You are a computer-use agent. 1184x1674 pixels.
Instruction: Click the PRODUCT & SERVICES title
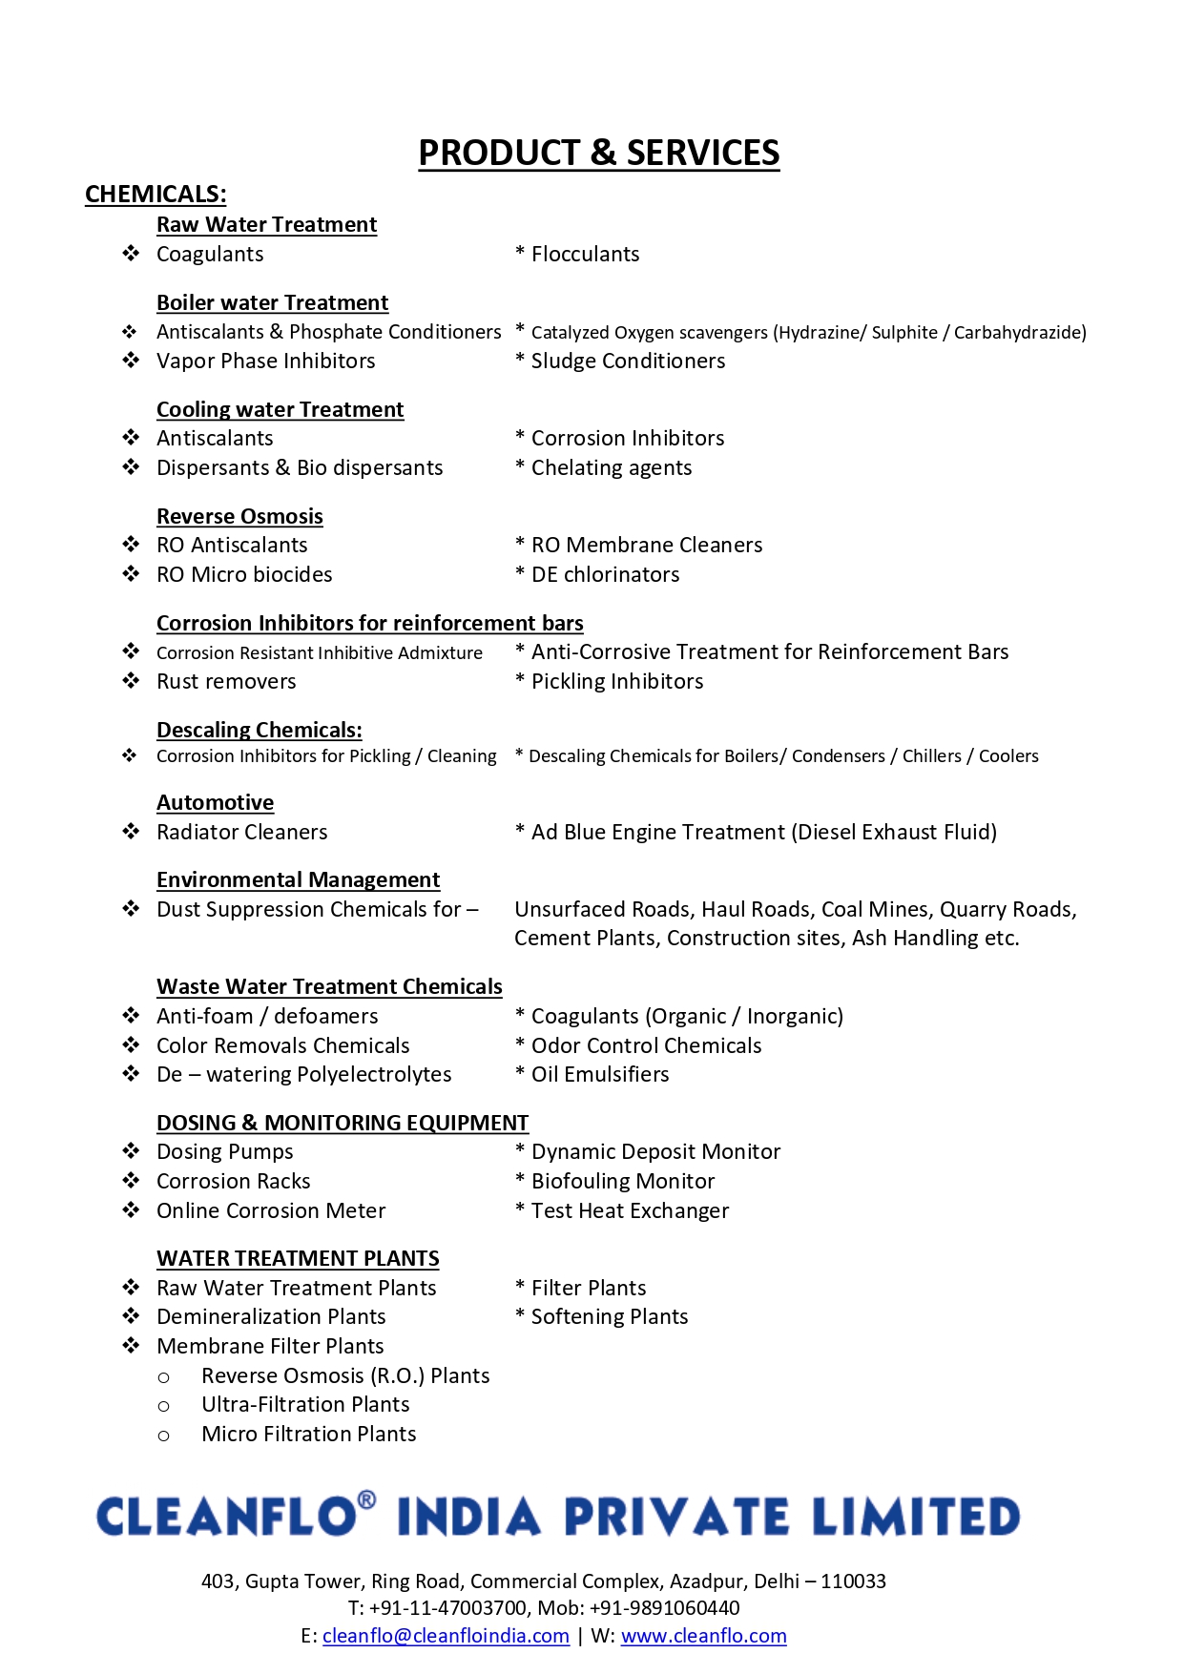[x=598, y=154]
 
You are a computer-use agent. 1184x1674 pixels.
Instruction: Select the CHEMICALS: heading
[x=156, y=195]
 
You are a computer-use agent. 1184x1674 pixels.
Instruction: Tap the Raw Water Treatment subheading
[x=266, y=225]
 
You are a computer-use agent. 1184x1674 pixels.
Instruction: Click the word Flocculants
[x=585, y=255]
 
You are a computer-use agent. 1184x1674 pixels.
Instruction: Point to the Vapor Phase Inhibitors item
[x=265, y=362]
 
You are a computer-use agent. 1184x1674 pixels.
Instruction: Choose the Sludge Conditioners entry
[x=628, y=362]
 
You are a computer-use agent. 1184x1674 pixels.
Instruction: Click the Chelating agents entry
[x=611, y=468]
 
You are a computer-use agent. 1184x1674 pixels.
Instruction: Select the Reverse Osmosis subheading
[x=239, y=517]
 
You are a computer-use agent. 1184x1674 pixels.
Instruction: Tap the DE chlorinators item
[x=605, y=575]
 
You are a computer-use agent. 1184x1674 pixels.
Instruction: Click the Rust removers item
[x=226, y=682]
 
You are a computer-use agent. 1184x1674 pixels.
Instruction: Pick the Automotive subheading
[x=215, y=803]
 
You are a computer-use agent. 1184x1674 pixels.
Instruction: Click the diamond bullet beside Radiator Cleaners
[x=131, y=832]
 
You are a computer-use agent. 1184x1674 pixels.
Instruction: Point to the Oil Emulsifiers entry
[x=599, y=1075]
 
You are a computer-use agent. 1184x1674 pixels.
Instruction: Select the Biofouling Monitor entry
[x=622, y=1182]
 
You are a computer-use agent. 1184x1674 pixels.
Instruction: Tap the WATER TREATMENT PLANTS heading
[x=298, y=1259]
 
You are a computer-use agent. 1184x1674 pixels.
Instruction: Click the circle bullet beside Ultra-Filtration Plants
[x=163, y=1406]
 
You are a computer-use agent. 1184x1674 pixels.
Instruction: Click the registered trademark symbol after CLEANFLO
[x=366, y=1500]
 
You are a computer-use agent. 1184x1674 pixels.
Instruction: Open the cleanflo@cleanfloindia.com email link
[x=446, y=1637]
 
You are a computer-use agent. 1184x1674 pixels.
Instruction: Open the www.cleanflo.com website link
[x=703, y=1637]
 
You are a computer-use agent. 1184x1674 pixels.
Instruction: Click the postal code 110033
[x=853, y=1581]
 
